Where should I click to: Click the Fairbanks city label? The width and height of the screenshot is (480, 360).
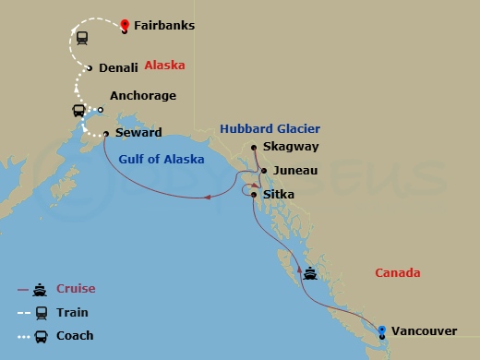click(164, 26)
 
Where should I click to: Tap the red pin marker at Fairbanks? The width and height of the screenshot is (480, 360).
click(125, 24)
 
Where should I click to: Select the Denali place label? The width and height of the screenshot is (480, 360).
click(117, 67)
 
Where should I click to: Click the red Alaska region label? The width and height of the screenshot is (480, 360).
click(165, 66)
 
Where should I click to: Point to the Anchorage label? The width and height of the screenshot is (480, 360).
click(142, 96)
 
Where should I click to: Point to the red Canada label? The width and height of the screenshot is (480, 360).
click(398, 273)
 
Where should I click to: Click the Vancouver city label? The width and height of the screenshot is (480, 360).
click(425, 330)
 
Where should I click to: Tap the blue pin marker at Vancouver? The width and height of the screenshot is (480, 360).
click(382, 328)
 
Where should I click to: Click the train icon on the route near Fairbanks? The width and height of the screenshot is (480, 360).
click(81, 39)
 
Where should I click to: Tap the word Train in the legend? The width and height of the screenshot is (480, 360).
click(74, 312)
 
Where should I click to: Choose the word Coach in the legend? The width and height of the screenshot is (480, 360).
click(76, 336)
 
